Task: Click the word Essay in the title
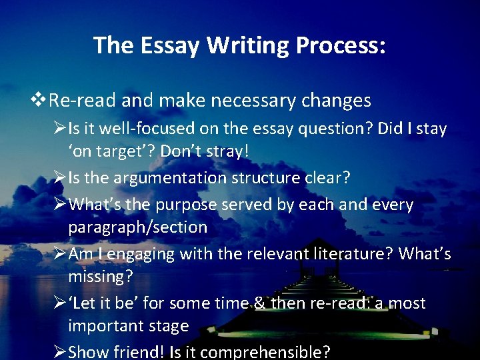coord(169,45)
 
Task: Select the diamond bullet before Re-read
coord(41,100)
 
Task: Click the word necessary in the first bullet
coord(241,101)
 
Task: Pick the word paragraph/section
coord(137,227)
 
